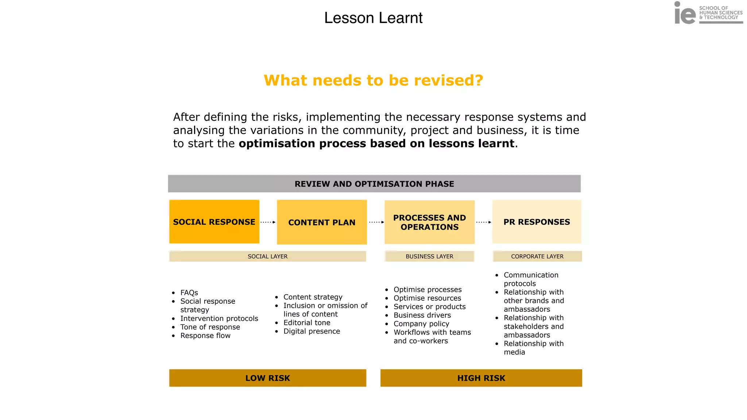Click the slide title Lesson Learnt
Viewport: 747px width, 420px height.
tap(373, 18)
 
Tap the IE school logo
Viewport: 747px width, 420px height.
tap(708, 13)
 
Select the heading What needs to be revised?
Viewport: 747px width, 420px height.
tap(373, 80)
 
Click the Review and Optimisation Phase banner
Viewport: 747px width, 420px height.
tap(374, 184)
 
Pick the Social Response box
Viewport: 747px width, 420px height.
tap(214, 222)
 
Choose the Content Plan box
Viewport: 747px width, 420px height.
tap(322, 222)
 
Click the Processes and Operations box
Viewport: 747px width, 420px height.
tap(429, 222)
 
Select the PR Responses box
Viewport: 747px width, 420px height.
tap(537, 222)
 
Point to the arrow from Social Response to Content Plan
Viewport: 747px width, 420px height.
tap(268, 222)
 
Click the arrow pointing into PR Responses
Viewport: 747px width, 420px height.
tap(484, 222)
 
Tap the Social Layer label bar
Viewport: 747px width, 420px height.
tap(267, 256)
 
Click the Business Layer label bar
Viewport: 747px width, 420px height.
tap(429, 256)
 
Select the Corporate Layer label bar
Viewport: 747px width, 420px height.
tap(537, 256)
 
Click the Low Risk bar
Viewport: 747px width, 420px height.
tap(267, 378)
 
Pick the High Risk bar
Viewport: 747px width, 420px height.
tap(481, 378)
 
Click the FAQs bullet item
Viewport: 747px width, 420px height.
tap(189, 293)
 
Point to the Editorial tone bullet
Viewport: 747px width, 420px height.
tap(307, 323)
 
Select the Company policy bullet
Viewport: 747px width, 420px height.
tap(421, 324)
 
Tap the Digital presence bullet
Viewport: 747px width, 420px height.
tap(311, 331)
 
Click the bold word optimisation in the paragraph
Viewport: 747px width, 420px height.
tap(277, 144)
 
